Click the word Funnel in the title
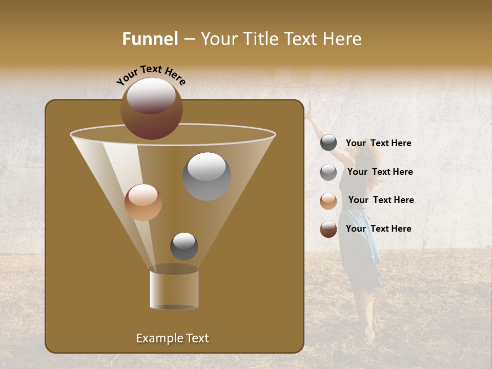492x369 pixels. (x=150, y=39)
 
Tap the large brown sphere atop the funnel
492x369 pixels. (x=151, y=109)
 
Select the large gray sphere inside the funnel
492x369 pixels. (x=207, y=176)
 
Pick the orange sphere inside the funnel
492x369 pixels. (x=143, y=202)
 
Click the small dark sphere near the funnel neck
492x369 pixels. (x=184, y=246)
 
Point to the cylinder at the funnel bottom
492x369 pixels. (x=174, y=290)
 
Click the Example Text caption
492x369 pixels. (x=172, y=338)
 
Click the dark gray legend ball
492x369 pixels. (x=329, y=143)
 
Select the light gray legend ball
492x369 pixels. (x=329, y=172)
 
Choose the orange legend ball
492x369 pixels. (x=329, y=201)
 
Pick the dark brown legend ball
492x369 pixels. (x=329, y=229)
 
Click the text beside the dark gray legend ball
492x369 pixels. (x=378, y=143)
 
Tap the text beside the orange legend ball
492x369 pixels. (x=381, y=200)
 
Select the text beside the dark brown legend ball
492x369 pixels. (x=378, y=229)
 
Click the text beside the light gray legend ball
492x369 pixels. (x=380, y=172)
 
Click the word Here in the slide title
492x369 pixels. (x=342, y=39)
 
